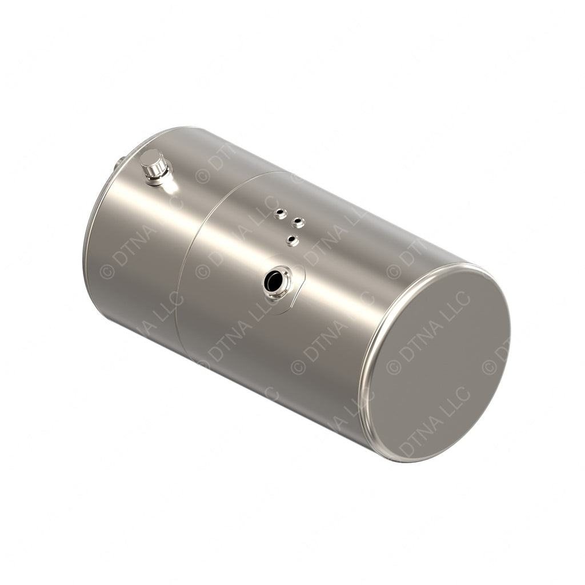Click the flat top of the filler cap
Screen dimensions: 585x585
152,157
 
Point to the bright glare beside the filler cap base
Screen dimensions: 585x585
170,184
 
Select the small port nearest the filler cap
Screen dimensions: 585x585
279,214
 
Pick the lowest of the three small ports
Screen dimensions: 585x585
292,241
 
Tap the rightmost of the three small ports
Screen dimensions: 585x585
298,222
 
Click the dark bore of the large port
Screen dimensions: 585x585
274,281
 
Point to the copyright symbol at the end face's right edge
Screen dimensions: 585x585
488,367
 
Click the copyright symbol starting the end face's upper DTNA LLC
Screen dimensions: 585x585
394,367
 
